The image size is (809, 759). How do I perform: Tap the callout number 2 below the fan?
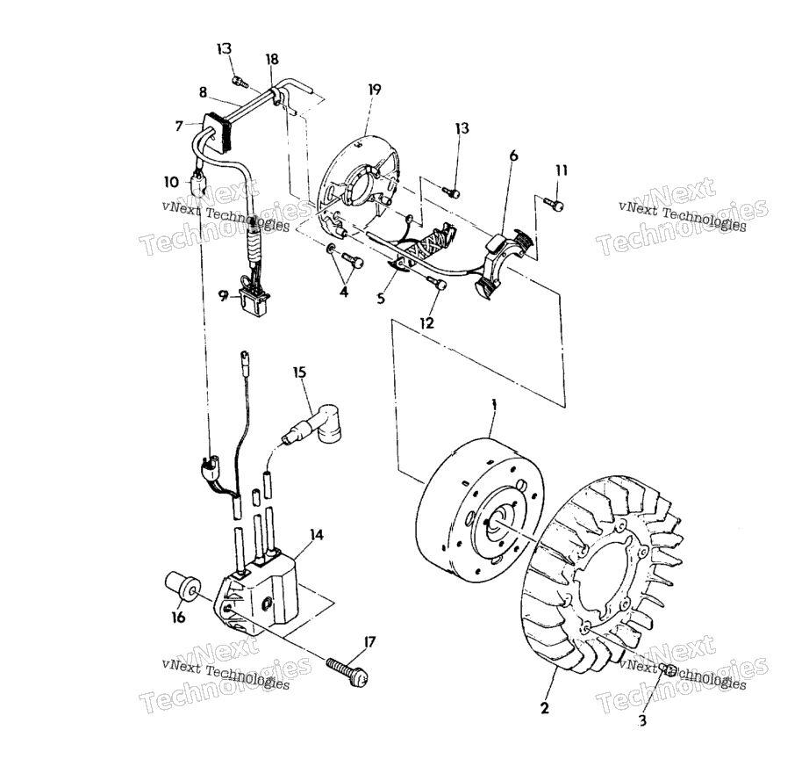(x=545, y=708)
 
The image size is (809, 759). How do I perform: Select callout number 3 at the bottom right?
(x=641, y=719)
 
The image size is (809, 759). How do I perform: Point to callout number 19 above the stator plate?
(x=375, y=90)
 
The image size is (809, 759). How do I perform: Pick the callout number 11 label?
(x=562, y=170)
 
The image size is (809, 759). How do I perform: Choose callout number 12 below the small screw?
(x=427, y=323)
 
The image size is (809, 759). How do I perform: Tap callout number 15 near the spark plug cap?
(x=300, y=372)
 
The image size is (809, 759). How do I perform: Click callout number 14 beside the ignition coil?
(x=317, y=534)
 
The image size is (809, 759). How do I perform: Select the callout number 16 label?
(x=178, y=617)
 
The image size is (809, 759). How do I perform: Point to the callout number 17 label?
(x=369, y=642)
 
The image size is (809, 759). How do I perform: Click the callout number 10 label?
(x=171, y=182)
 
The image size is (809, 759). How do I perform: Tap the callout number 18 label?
(x=271, y=60)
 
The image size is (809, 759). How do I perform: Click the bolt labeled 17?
(x=347, y=670)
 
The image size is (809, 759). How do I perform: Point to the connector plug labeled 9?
(x=254, y=302)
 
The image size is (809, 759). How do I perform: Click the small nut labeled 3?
(x=667, y=669)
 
